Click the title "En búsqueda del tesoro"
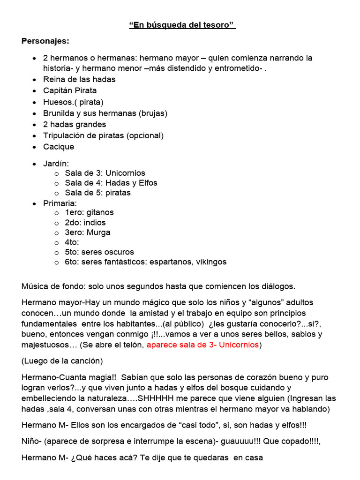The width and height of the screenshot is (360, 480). click(182, 25)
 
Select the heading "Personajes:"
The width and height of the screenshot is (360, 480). click(45, 41)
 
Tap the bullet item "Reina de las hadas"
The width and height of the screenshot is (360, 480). click(79, 79)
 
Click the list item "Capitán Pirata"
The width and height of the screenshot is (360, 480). click(70, 90)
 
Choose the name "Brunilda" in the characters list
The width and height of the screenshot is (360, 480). click(60, 113)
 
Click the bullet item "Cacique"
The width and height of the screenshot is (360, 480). click(59, 147)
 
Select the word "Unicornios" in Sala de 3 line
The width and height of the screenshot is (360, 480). click(125, 173)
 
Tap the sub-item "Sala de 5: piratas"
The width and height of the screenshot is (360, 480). click(97, 193)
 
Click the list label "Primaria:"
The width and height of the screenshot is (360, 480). click(60, 203)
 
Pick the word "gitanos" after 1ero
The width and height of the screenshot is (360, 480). click(100, 212)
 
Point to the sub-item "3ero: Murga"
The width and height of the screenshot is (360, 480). click(88, 232)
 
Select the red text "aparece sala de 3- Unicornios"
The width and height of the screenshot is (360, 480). click(202, 345)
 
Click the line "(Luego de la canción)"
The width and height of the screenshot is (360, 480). click(62, 361)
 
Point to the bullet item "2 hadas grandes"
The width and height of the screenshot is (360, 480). click(75, 124)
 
